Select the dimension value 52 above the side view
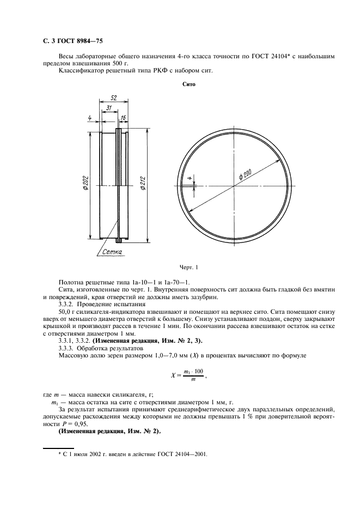pyautogui.click(x=114, y=98)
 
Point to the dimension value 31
pyautogui.click(x=109, y=108)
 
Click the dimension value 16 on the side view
pyautogui.click(x=124, y=118)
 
